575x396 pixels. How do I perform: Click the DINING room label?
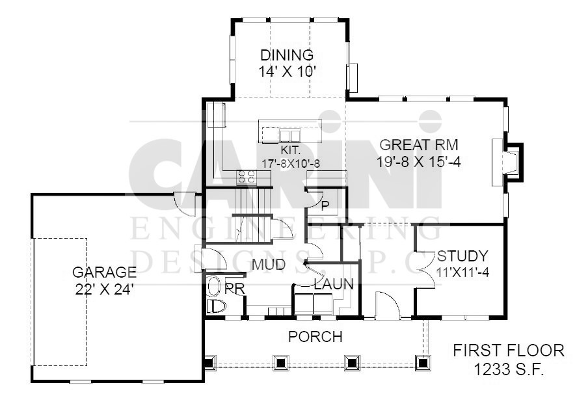click(287, 55)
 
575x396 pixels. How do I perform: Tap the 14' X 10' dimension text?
click(287, 71)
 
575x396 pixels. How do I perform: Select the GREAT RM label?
click(419, 145)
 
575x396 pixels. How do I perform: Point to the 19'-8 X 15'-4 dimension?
click(419, 161)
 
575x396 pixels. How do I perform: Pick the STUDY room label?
click(462, 256)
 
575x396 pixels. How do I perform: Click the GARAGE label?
click(105, 272)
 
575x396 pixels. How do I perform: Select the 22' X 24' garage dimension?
click(104, 289)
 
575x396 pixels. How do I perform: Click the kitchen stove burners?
click(246, 177)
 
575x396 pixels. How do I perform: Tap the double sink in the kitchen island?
click(289, 135)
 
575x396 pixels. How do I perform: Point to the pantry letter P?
click(325, 206)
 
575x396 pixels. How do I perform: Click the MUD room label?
click(269, 264)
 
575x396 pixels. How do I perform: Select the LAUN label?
click(334, 284)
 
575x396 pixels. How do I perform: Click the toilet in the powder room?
click(216, 306)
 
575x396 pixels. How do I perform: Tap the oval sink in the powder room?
click(213, 286)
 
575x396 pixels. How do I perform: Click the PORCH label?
click(315, 337)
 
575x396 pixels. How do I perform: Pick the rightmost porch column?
click(423, 362)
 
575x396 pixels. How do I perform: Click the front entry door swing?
click(387, 305)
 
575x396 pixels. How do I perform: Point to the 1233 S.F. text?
click(509, 369)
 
